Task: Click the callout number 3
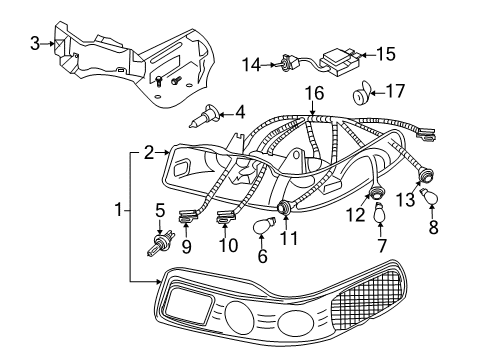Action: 34,43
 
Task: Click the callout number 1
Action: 119,211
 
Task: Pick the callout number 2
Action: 149,153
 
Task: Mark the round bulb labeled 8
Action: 431,201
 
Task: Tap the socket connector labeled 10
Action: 226,214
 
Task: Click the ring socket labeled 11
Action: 288,206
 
